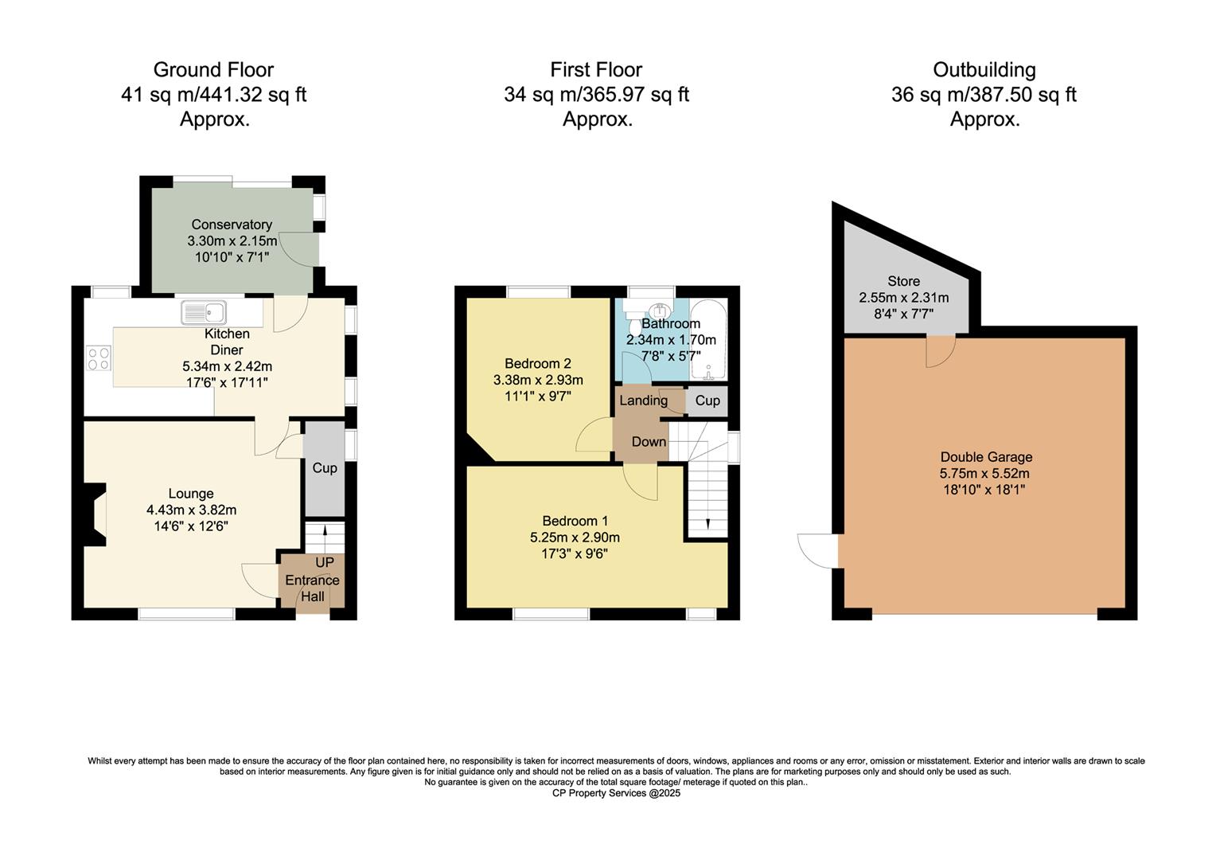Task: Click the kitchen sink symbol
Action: click(x=204, y=312)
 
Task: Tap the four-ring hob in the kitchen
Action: click(x=99, y=358)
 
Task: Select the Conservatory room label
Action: click(x=232, y=225)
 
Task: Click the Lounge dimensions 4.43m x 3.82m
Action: click(x=191, y=510)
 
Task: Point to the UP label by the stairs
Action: click(x=325, y=563)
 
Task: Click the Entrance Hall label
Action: click(x=312, y=588)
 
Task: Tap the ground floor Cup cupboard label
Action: click(x=325, y=467)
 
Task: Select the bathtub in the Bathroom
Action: click(x=708, y=342)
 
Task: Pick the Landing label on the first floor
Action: click(x=643, y=401)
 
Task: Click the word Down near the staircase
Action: click(x=649, y=442)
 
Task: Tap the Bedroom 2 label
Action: click(x=538, y=363)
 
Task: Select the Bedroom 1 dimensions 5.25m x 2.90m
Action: click(x=575, y=537)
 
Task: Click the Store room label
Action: click(x=903, y=281)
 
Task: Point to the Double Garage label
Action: click(x=986, y=457)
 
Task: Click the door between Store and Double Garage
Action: click(x=940, y=351)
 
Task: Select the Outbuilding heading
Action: click(x=984, y=70)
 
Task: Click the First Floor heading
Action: click(x=596, y=70)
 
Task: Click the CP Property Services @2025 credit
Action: click(x=616, y=793)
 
